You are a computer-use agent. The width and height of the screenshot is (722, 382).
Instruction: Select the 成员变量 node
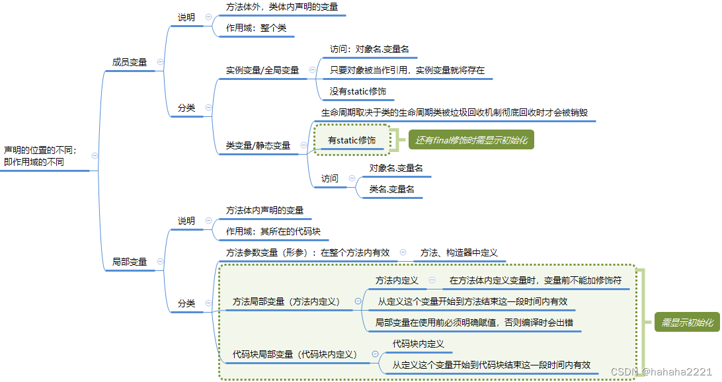click(130, 62)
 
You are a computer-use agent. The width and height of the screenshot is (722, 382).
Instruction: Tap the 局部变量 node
click(130, 262)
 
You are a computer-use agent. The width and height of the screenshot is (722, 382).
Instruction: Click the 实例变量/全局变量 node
click(262, 70)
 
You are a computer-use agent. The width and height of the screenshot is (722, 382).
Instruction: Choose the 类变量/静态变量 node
click(258, 145)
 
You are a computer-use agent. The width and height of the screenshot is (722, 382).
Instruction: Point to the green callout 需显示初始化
click(687, 323)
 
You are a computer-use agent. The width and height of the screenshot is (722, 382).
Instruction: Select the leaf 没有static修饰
click(358, 91)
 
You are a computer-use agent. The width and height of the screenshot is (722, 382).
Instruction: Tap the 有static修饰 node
click(352, 140)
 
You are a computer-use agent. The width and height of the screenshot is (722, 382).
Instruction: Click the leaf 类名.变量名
click(392, 189)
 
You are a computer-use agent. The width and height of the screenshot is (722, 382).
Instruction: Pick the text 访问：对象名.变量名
click(374, 49)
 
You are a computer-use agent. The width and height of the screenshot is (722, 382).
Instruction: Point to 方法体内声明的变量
click(264, 210)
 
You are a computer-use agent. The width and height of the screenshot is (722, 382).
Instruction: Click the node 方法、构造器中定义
click(458, 252)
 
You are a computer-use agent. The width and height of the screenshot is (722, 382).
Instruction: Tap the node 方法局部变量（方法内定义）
click(286, 301)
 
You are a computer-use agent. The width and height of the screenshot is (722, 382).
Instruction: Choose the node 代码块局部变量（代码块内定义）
click(295, 354)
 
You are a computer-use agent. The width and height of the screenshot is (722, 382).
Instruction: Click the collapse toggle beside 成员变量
click(160, 62)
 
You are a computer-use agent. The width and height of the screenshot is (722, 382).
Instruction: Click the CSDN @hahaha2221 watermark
click(661, 372)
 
